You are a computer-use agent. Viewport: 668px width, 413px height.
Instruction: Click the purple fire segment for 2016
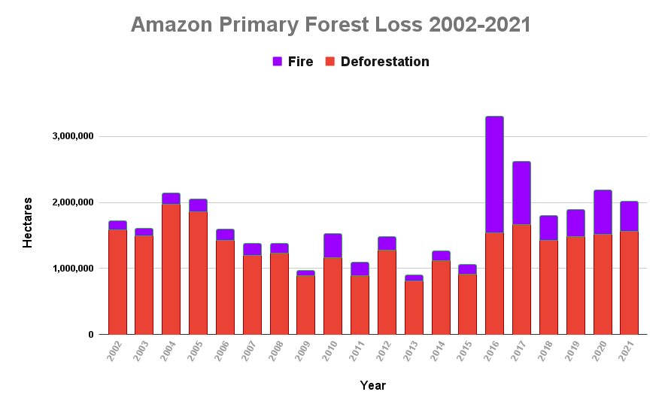coord(494,175)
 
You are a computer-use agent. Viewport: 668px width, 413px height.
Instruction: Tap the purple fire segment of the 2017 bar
coord(521,193)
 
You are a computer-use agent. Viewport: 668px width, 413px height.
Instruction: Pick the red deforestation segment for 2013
coord(414,307)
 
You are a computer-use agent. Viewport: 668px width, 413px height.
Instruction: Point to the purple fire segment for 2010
coord(332,246)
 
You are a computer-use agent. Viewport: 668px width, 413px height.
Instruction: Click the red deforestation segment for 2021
coord(629,283)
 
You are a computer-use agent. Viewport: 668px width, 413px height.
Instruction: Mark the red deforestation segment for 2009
coord(305,305)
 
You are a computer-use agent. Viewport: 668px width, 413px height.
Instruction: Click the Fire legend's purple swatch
coord(278,62)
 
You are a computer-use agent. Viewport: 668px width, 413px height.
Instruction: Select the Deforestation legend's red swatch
coord(329,62)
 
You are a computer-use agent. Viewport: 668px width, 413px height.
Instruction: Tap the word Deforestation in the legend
coord(384,62)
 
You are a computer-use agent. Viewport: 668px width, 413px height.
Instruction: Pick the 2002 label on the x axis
coord(114,351)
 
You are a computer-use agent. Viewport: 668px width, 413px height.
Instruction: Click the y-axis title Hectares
coord(28,223)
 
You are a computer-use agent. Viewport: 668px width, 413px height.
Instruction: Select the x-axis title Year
coord(372,386)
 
